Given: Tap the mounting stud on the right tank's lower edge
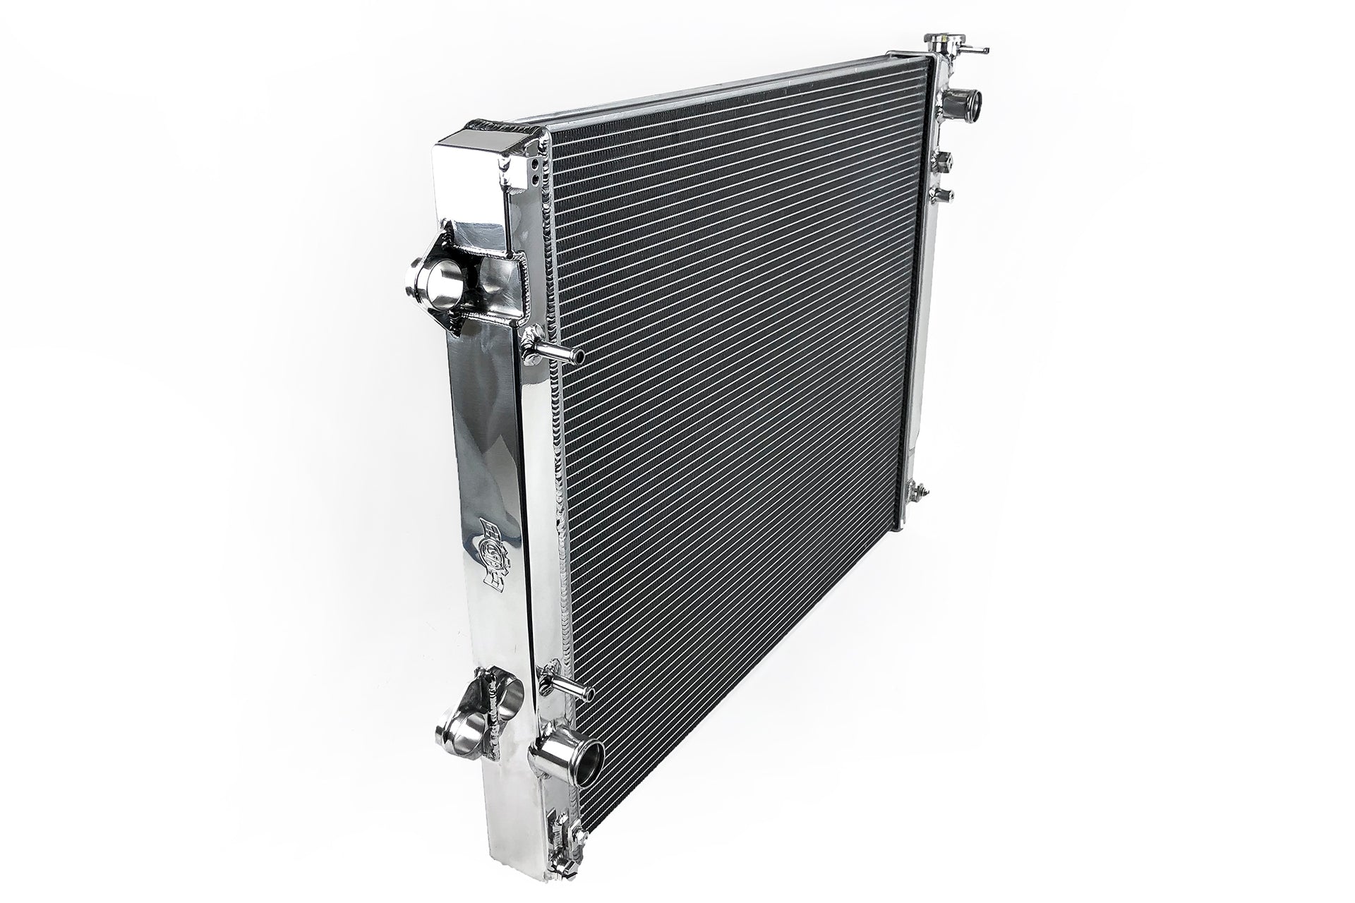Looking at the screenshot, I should coord(920,488).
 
